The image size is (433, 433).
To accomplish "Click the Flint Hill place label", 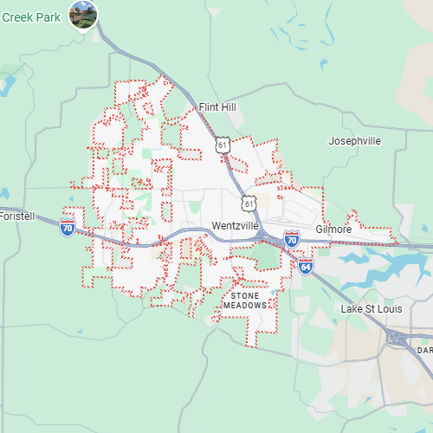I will click(x=217, y=107).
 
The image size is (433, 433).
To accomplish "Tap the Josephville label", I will click(x=354, y=140).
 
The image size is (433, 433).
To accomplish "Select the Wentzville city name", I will click(x=235, y=226).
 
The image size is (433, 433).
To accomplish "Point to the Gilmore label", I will click(x=333, y=229).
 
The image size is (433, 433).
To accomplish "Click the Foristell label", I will click(x=17, y=216).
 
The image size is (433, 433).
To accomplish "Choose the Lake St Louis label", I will click(x=373, y=309).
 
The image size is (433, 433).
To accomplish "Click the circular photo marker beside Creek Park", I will click(x=84, y=14).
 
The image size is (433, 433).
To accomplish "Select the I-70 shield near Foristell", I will click(x=68, y=228).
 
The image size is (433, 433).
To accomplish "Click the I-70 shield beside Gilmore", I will click(x=292, y=238).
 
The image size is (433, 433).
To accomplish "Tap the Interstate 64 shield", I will click(x=306, y=266).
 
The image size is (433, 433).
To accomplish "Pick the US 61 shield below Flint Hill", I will click(x=223, y=145).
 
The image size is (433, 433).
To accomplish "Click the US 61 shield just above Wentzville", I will click(x=249, y=202).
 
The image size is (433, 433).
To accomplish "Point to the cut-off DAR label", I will click(x=424, y=350).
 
